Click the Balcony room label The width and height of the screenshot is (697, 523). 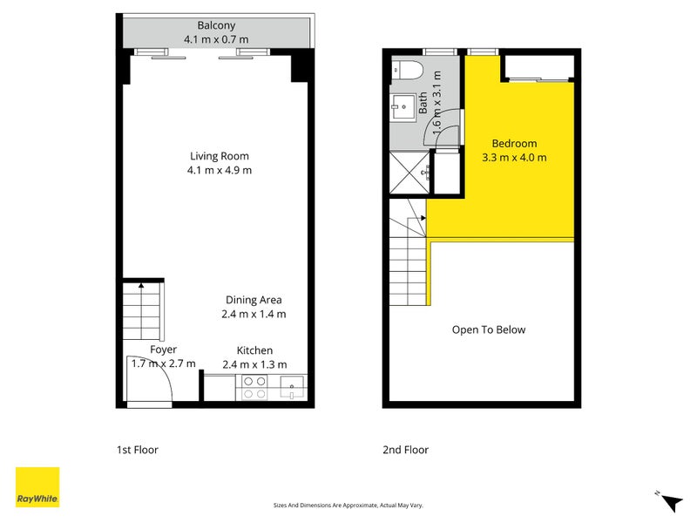(x=216, y=25)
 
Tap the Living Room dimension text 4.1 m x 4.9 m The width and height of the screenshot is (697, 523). (x=219, y=170)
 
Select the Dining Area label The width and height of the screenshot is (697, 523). (x=254, y=300)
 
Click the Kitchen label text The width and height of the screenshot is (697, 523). (x=254, y=350)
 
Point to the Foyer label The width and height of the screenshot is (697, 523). (x=163, y=350)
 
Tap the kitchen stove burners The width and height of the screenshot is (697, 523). (x=254, y=387)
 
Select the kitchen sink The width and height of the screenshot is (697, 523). (x=290, y=388)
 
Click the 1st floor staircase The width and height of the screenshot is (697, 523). (x=141, y=310)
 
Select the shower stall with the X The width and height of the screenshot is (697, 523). (x=409, y=172)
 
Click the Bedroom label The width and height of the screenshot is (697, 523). (x=514, y=144)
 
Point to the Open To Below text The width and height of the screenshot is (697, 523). (x=488, y=329)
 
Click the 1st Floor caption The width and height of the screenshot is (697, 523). (x=138, y=451)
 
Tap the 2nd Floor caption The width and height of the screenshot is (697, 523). (x=406, y=451)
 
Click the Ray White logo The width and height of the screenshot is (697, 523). (x=37, y=487)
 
